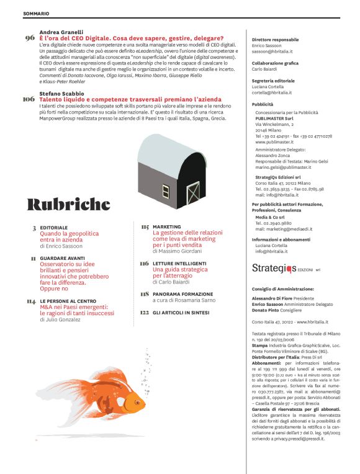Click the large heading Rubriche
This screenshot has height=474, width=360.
point(69,204)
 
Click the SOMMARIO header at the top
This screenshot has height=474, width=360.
point(36,13)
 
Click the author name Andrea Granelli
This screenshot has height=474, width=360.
point(62,31)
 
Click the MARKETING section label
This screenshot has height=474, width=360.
point(167,227)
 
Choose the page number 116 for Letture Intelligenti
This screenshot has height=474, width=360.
point(145,264)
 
